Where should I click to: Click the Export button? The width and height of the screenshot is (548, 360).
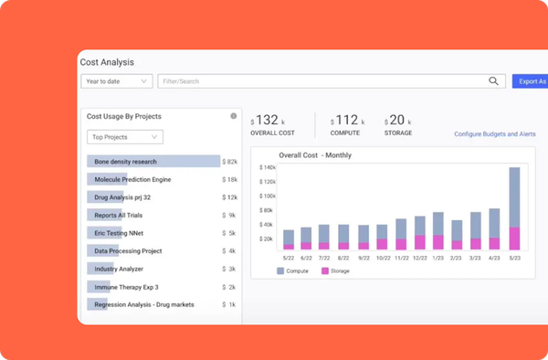pos(531,81)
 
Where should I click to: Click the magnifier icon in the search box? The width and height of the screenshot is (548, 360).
pos(493,81)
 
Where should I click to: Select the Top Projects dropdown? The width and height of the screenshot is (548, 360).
pos(125,137)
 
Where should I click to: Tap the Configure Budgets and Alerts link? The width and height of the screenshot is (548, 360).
pos(494,134)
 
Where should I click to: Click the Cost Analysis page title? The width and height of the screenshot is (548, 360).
pos(107,62)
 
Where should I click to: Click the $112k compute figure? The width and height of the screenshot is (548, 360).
pos(347,120)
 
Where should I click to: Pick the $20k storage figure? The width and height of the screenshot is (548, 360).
pos(398,120)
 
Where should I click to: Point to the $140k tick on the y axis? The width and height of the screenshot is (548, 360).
pos(268,167)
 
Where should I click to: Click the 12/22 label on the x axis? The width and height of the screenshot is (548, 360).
pos(419,258)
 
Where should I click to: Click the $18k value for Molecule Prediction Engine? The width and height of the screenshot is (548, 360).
pos(229,179)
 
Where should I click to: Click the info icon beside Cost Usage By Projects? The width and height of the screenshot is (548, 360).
pos(234,116)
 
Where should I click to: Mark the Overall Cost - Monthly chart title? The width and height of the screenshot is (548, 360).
pos(315,155)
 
